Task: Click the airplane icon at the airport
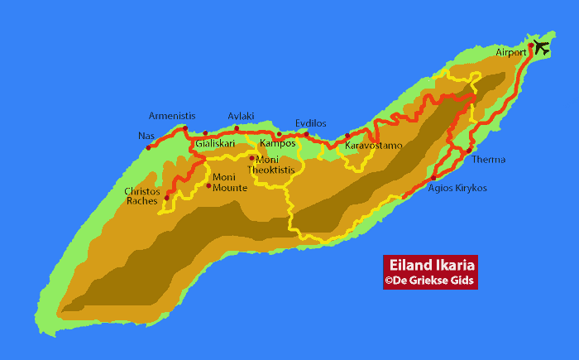(x=541, y=47)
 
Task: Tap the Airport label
(x=511, y=52)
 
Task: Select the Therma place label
(x=488, y=160)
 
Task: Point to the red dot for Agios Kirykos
(x=433, y=178)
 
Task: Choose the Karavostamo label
(x=374, y=146)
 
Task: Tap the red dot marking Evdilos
(x=306, y=134)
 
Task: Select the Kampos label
(x=277, y=143)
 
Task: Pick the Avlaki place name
(x=242, y=116)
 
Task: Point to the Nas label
(x=146, y=136)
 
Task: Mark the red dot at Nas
(x=148, y=148)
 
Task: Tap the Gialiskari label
(x=214, y=143)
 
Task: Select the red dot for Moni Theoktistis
(x=251, y=158)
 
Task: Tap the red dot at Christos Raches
(x=166, y=198)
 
